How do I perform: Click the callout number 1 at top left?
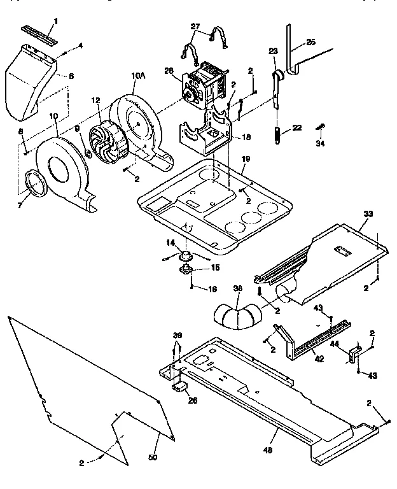click(55, 21)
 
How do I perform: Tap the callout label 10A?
click(138, 76)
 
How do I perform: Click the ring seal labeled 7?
click(36, 185)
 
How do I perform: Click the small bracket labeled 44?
click(354, 352)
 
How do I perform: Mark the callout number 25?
click(310, 42)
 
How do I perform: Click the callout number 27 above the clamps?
click(195, 27)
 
